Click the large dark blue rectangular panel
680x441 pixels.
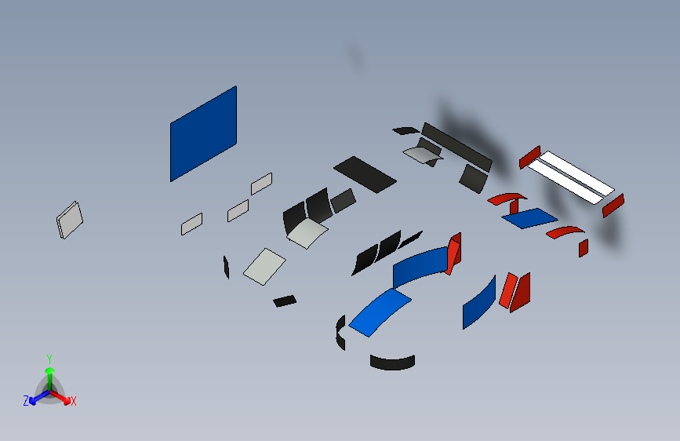(x=203, y=133)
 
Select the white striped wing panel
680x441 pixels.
(x=571, y=177)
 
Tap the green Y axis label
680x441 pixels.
(x=49, y=359)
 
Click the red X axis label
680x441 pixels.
(x=73, y=402)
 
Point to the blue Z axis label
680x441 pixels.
(x=26, y=401)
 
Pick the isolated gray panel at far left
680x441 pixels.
(x=69, y=220)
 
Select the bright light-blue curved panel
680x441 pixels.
(x=380, y=312)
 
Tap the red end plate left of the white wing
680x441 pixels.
(x=529, y=157)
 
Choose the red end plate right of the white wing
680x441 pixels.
(x=613, y=206)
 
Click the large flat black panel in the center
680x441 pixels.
(x=365, y=174)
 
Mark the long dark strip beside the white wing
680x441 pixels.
(x=456, y=147)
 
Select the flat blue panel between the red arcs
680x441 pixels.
(x=529, y=218)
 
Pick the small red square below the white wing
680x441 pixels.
(x=584, y=248)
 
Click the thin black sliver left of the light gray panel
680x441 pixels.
(x=226, y=267)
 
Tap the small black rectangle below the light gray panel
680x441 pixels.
(x=285, y=301)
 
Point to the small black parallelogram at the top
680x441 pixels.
(x=406, y=130)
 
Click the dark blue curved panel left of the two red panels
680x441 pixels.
(x=479, y=302)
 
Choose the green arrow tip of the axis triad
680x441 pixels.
(x=50, y=370)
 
